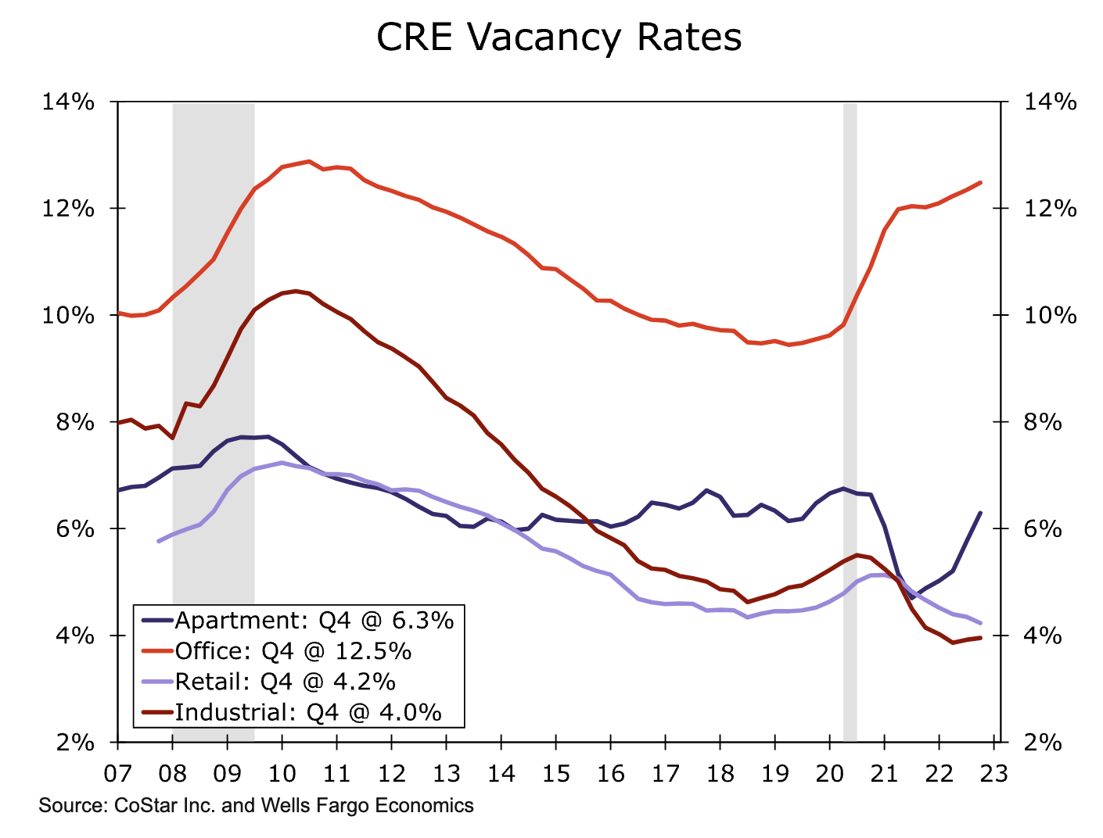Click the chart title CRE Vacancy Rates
tap(559, 38)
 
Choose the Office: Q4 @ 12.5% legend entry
tap(293, 651)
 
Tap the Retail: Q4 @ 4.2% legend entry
tap(285, 682)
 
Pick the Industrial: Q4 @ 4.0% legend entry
tap(307, 712)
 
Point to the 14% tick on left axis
tap(68, 102)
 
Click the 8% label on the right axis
tap(1043, 423)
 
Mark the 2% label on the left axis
tap(75, 743)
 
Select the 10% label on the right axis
tap(1050, 316)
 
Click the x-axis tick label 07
tap(117, 773)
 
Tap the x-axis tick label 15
tap(555, 773)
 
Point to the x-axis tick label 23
tap(993, 773)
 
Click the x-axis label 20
tap(829, 773)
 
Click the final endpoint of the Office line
tap(980, 183)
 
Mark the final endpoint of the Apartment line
tap(980, 513)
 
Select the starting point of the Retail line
tap(159, 541)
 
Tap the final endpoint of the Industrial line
tap(980, 638)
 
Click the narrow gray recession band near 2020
tap(850, 422)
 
